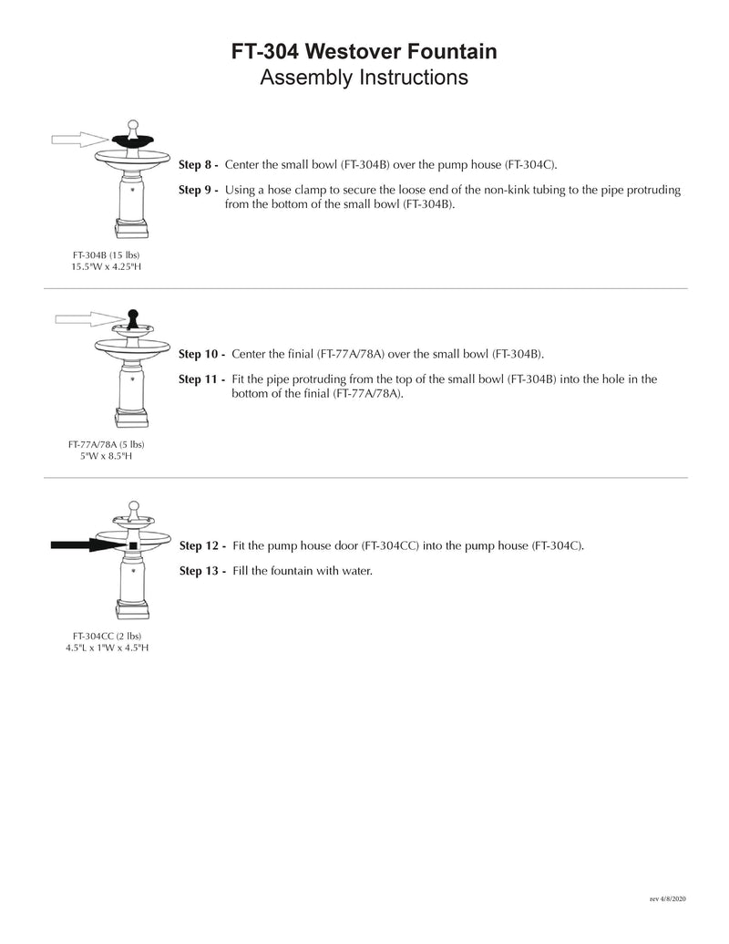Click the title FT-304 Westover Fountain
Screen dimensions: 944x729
pyautogui.click(x=364, y=53)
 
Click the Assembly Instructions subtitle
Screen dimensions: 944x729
pyautogui.click(x=364, y=78)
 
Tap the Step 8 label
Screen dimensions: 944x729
pyautogui.click(x=198, y=165)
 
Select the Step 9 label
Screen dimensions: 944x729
pyautogui.click(x=198, y=190)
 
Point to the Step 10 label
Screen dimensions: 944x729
pyautogui.click(x=201, y=354)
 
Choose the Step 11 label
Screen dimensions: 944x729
pyautogui.click(x=201, y=379)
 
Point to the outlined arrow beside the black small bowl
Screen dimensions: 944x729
pyautogui.click(x=79, y=139)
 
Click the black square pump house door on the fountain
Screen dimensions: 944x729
pyautogui.click(x=133, y=545)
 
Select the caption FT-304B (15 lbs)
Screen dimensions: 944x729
pyautogui.click(x=107, y=254)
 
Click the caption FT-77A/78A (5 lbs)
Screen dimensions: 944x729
pyautogui.click(x=107, y=444)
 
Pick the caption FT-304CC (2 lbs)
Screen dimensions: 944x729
pyautogui.click(x=107, y=635)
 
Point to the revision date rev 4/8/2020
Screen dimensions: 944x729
pyautogui.click(x=667, y=898)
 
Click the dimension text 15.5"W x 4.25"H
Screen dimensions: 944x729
pyautogui.click(x=107, y=266)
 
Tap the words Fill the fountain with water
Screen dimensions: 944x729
pyautogui.click(x=303, y=571)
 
